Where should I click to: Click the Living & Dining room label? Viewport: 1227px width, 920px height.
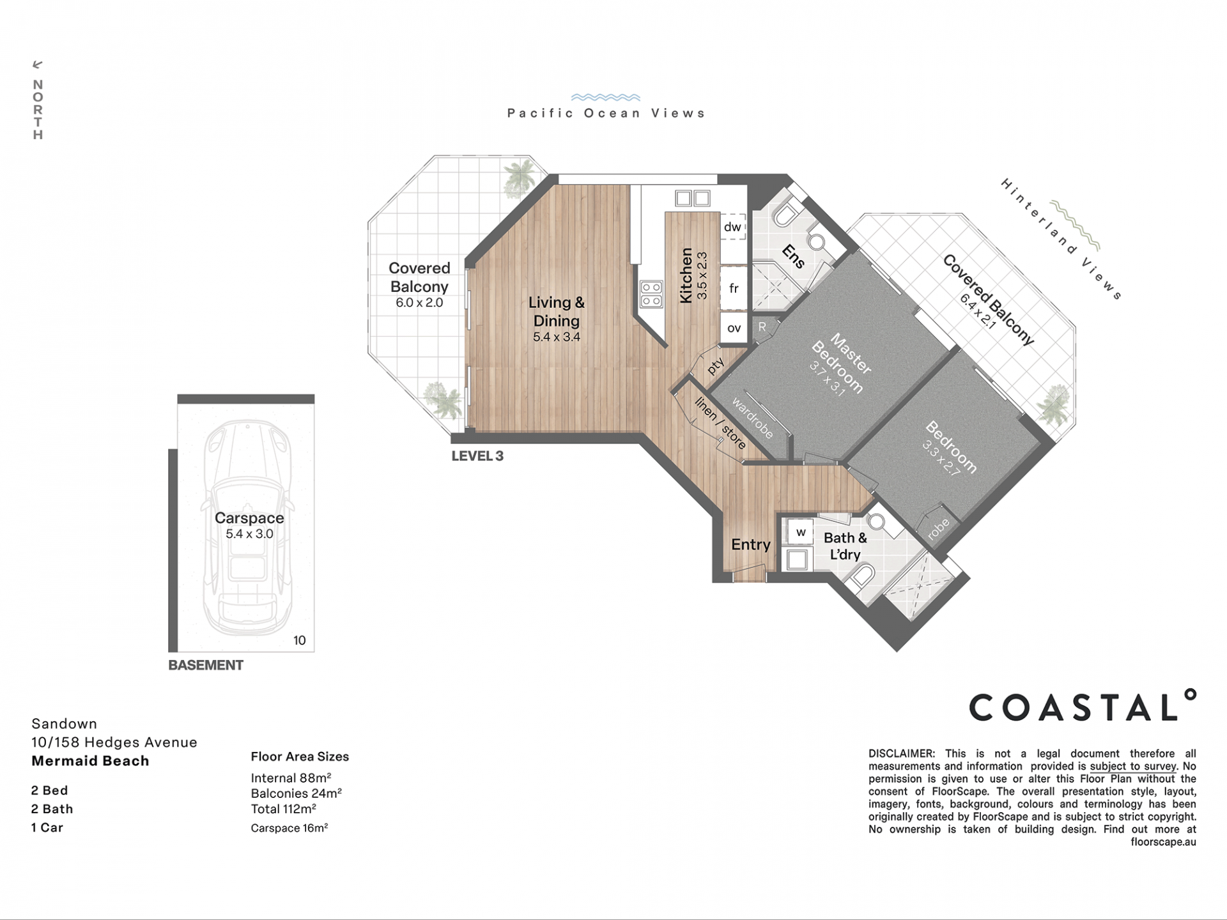point(556,311)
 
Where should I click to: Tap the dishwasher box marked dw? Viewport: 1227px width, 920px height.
point(733,227)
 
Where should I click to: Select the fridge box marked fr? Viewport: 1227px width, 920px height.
point(734,288)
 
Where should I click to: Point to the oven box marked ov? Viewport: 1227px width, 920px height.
point(734,328)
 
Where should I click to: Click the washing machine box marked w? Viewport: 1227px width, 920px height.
point(800,532)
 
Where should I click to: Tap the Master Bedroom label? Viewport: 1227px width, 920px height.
point(841,363)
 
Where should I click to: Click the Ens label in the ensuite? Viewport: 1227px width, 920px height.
point(794,256)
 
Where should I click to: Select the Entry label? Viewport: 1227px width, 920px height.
point(750,544)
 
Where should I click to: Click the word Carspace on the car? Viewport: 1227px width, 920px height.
point(249,518)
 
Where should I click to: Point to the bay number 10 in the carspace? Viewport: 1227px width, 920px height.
point(300,640)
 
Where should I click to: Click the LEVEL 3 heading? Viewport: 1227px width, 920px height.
point(477,456)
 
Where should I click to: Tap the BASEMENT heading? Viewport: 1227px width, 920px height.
point(206,665)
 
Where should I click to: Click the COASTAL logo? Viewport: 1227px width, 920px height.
point(1082,705)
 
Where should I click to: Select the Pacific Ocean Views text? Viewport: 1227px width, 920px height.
point(606,113)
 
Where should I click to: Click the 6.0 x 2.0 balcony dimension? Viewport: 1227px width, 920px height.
point(419,303)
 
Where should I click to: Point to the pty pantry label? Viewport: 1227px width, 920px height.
point(716,365)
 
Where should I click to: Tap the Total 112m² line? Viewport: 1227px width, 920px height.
point(284,809)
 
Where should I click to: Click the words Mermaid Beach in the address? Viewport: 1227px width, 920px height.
point(90,761)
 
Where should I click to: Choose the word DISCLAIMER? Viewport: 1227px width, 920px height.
point(901,754)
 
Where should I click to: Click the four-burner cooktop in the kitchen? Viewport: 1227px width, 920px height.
point(651,295)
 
